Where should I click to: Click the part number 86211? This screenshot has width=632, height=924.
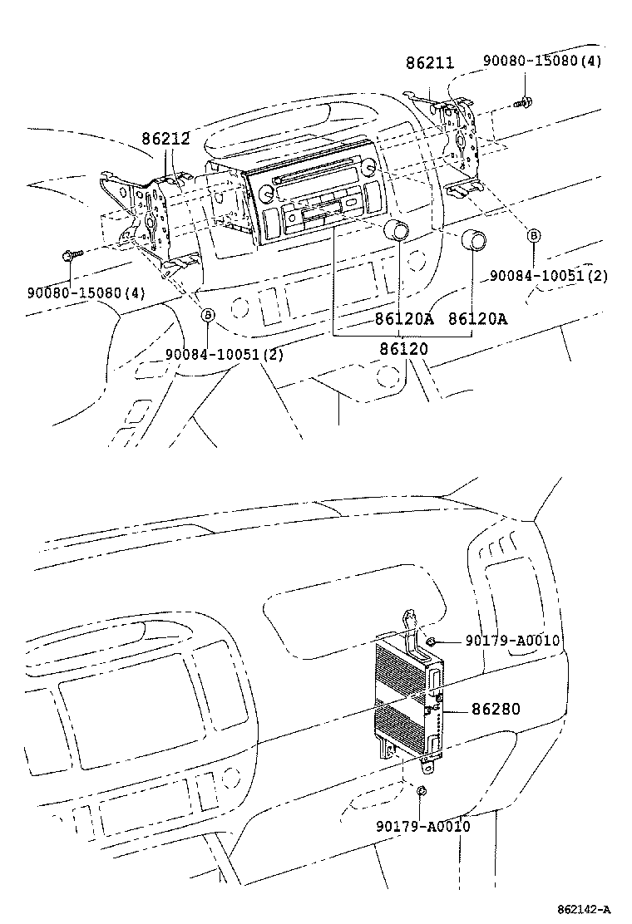click(431, 63)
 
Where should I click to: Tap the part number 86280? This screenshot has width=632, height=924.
click(496, 709)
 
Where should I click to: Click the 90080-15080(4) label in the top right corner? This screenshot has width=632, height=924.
click(542, 61)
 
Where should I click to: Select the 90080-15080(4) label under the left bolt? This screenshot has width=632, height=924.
click(86, 292)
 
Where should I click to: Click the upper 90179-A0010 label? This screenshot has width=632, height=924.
click(512, 641)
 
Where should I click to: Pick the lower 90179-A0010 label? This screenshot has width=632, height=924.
click(422, 826)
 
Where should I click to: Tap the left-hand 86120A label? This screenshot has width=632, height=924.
click(404, 318)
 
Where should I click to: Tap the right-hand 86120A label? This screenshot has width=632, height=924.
click(478, 318)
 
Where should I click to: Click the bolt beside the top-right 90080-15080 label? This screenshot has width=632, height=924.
click(523, 103)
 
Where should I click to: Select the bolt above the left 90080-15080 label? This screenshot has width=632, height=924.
click(72, 256)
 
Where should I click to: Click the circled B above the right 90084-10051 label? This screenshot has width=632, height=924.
click(534, 236)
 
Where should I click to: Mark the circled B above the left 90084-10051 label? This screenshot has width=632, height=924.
click(208, 314)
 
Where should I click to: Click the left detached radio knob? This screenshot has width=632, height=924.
click(398, 232)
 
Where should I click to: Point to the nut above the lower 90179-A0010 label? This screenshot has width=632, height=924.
click(422, 790)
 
